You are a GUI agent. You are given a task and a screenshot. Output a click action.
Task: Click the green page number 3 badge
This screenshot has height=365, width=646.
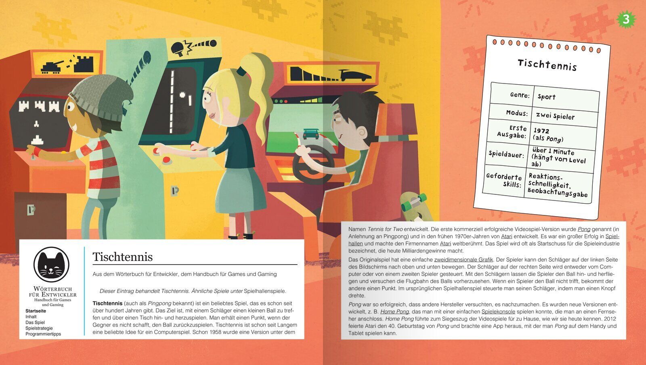[626, 19]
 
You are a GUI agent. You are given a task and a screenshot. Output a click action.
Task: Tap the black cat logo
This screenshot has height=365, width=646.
[51, 265]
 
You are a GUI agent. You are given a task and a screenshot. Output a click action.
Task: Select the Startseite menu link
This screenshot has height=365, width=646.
[36, 311]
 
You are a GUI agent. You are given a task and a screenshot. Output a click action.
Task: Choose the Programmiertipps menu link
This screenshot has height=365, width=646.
[43, 334]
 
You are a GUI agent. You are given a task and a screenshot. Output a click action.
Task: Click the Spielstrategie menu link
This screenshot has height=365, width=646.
[39, 328]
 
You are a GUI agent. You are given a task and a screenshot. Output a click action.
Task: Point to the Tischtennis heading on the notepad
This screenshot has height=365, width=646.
[547, 65]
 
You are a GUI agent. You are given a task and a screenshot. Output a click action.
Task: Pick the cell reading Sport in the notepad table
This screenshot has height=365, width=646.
[546, 97]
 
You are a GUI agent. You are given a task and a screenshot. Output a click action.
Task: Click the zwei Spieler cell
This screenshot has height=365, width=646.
[555, 116]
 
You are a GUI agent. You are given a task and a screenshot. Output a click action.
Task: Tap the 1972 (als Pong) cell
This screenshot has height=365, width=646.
[548, 135]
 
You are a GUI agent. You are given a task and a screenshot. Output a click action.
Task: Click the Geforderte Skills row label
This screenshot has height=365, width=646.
[504, 180]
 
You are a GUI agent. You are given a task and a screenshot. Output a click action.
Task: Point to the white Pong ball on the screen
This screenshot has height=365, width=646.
[182, 94]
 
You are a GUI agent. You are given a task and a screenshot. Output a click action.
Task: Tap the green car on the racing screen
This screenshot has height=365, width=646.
[311, 134]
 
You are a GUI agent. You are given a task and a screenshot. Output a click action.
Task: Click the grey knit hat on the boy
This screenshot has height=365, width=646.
[101, 97]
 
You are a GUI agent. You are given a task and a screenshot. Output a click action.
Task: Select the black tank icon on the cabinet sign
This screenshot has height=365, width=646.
[52, 67]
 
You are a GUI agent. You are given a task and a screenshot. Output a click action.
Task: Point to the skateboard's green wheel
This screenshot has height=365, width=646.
[406, 206]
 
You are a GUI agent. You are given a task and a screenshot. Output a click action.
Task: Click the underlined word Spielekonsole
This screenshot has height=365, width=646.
[498, 311]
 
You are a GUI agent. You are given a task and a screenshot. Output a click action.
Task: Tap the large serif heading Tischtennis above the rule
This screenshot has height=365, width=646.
[123, 257]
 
